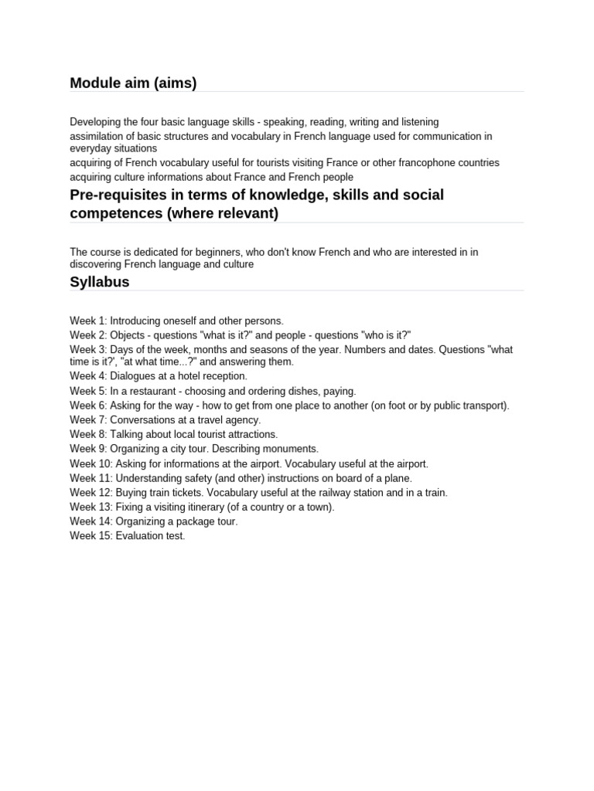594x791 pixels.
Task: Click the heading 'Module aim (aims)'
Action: pos(133,83)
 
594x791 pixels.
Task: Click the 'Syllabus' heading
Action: pos(100,282)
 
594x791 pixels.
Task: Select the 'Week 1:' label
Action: pos(88,321)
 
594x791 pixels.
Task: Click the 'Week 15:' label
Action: pos(91,536)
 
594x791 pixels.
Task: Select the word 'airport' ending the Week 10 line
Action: pos(409,463)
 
